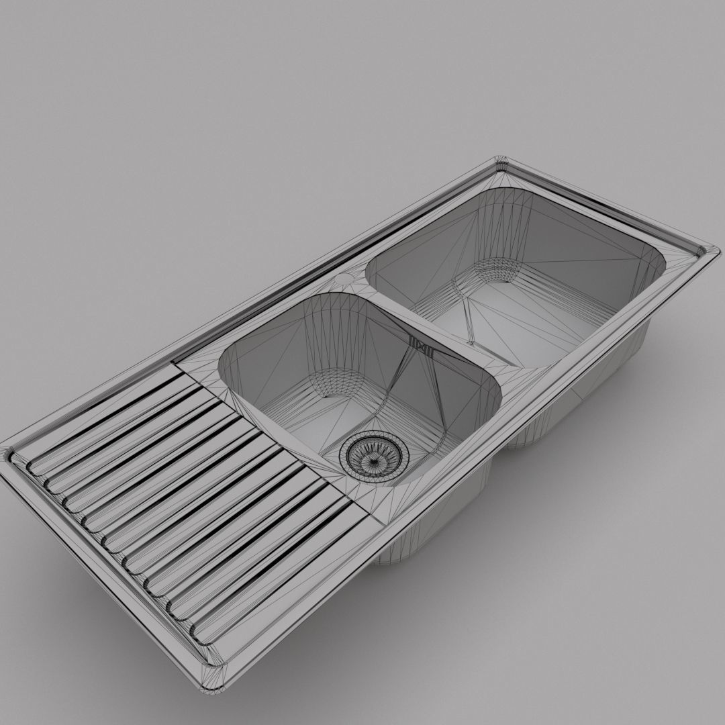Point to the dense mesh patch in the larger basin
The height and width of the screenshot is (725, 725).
(x=495, y=271)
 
